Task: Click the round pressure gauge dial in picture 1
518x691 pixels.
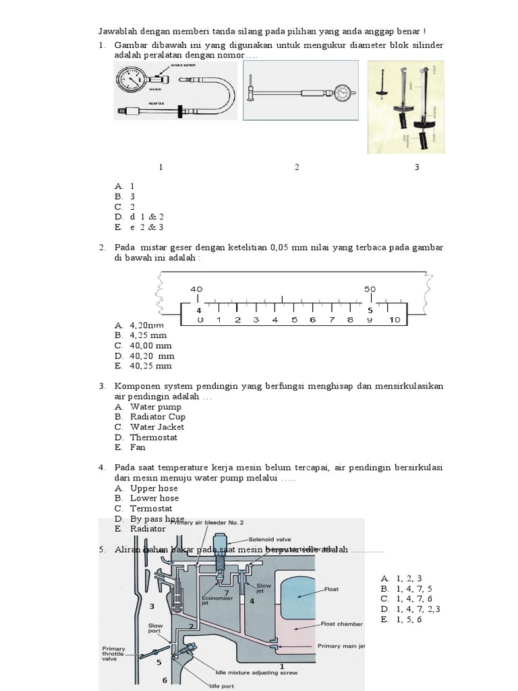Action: (x=133, y=80)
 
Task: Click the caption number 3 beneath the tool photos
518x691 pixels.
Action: (x=417, y=167)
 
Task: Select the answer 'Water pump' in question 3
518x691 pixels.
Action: (x=152, y=407)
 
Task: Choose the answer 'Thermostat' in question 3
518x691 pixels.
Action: (x=154, y=437)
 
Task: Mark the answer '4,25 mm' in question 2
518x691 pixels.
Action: (x=148, y=335)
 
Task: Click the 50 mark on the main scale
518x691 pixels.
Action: (x=370, y=289)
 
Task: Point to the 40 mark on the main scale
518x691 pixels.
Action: (x=196, y=289)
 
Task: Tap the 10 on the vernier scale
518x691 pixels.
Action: (x=395, y=320)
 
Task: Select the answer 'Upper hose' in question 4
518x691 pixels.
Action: (x=154, y=488)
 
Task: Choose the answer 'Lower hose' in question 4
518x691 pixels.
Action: (x=154, y=498)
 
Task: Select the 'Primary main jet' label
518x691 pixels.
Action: (x=341, y=646)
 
